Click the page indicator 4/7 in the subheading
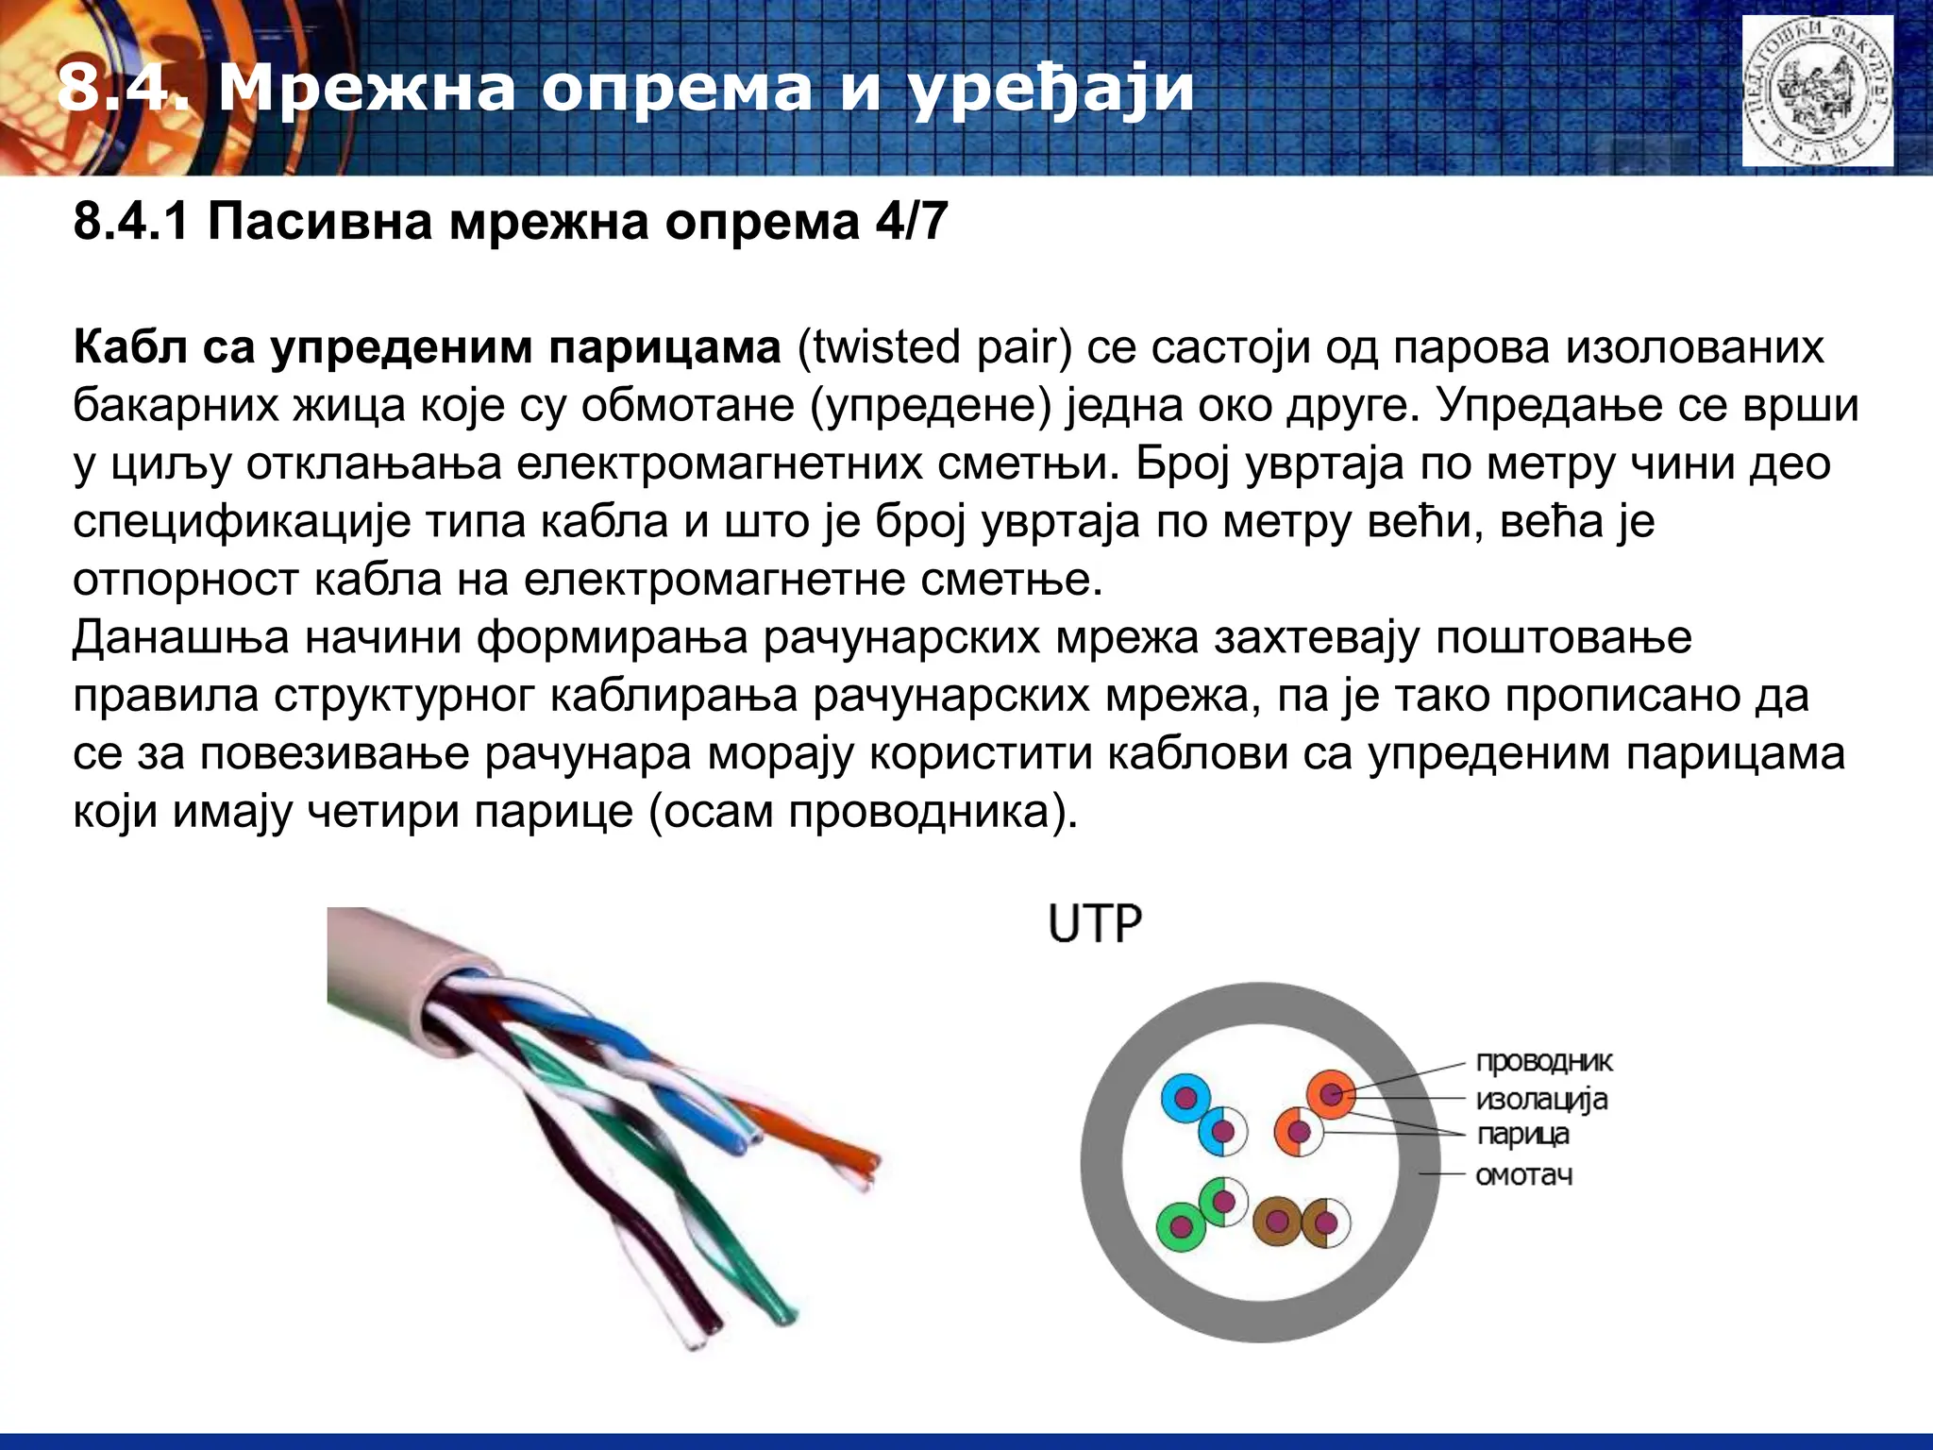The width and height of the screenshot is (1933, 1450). pos(911,223)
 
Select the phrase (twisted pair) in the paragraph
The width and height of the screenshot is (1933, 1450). pos(934,348)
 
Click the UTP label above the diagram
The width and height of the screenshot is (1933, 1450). pos(1095,924)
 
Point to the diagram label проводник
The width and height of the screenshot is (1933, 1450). pos(1544,1062)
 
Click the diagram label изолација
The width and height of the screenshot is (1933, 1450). pos(1541,1100)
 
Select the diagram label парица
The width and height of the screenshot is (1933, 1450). pos(1522,1135)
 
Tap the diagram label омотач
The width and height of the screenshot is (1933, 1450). pos(1523,1176)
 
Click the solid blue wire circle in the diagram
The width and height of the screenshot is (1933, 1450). pos(1185,1098)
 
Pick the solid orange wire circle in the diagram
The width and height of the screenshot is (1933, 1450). pos(1331,1095)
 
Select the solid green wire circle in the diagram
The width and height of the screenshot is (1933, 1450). pos(1181,1226)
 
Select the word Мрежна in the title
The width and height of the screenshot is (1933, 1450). pos(367,89)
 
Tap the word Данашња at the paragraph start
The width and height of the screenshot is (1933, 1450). pos(180,638)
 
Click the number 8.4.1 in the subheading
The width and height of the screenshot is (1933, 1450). pos(130,223)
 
